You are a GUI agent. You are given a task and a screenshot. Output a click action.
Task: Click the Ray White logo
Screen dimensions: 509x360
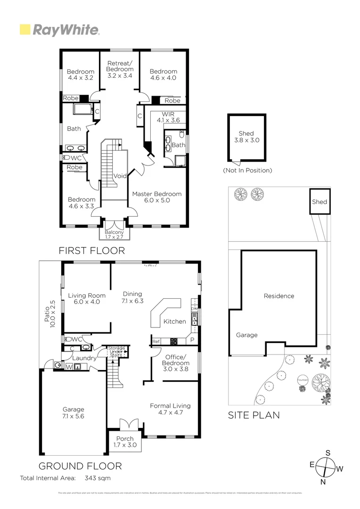pos(59,30)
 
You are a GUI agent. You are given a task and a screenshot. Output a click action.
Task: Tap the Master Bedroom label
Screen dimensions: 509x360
pos(157,197)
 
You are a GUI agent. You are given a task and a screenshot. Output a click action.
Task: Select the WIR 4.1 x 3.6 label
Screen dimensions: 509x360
pos(168,117)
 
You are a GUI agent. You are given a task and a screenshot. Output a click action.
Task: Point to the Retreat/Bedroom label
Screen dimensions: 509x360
pos(120,69)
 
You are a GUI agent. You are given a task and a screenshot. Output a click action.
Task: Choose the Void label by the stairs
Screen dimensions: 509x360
pos(120,176)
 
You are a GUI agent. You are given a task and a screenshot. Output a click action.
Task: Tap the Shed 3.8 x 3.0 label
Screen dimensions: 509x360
pos(246,137)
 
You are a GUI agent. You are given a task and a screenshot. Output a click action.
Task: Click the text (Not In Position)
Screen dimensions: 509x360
pos(247,170)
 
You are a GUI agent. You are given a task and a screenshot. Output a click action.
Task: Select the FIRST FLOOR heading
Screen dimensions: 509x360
pos(91,250)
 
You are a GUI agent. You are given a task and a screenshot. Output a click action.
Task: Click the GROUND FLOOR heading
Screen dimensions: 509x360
pos(80,466)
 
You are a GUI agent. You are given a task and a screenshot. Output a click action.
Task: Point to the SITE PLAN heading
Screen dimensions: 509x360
pos(254,415)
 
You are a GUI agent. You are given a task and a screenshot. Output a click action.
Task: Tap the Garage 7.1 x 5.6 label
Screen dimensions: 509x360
pos(73,413)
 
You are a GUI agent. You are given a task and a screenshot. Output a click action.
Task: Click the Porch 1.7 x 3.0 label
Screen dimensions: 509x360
pos(125,442)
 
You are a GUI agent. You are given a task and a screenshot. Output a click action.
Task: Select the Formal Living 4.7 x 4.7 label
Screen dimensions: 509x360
pos(170,409)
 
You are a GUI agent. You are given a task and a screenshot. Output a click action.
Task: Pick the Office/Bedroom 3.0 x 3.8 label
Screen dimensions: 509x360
pos(175,363)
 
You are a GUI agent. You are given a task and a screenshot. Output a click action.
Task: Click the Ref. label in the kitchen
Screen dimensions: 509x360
pos(156,341)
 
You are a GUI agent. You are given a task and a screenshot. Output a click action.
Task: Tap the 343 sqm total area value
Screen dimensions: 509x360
pos(98,478)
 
